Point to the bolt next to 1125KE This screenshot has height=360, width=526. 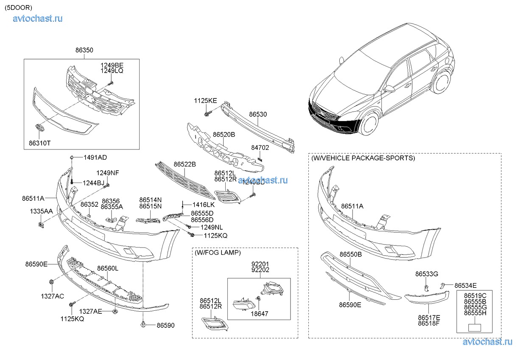[206, 113]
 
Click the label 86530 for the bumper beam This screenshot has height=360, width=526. [258, 115]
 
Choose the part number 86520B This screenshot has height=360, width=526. [224, 135]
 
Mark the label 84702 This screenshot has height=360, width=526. [260, 148]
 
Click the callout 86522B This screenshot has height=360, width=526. [185, 164]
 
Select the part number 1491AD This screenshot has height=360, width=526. [95, 157]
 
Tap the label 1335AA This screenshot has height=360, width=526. [41, 211]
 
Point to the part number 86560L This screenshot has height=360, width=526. [108, 268]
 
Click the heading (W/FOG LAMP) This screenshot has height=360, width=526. [218, 253]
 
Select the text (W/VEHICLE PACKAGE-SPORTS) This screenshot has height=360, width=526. [363, 158]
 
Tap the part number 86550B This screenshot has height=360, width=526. [350, 254]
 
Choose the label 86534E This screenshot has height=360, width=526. [465, 285]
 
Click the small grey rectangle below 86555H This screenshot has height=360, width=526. [475, 328]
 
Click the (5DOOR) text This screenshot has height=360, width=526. [18, 7]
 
